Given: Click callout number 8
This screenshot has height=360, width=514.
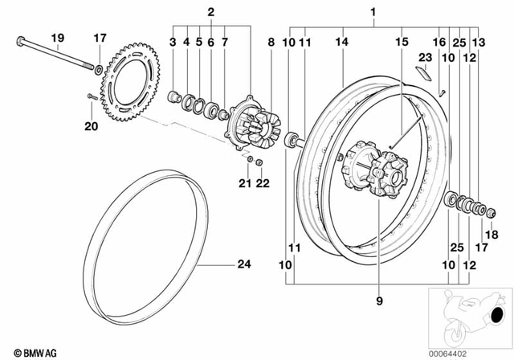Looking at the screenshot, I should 271,40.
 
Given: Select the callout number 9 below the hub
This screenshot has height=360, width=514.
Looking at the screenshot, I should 381,301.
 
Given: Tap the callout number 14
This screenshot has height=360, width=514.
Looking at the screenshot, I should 341,40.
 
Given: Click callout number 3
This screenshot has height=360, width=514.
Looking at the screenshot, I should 173,40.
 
